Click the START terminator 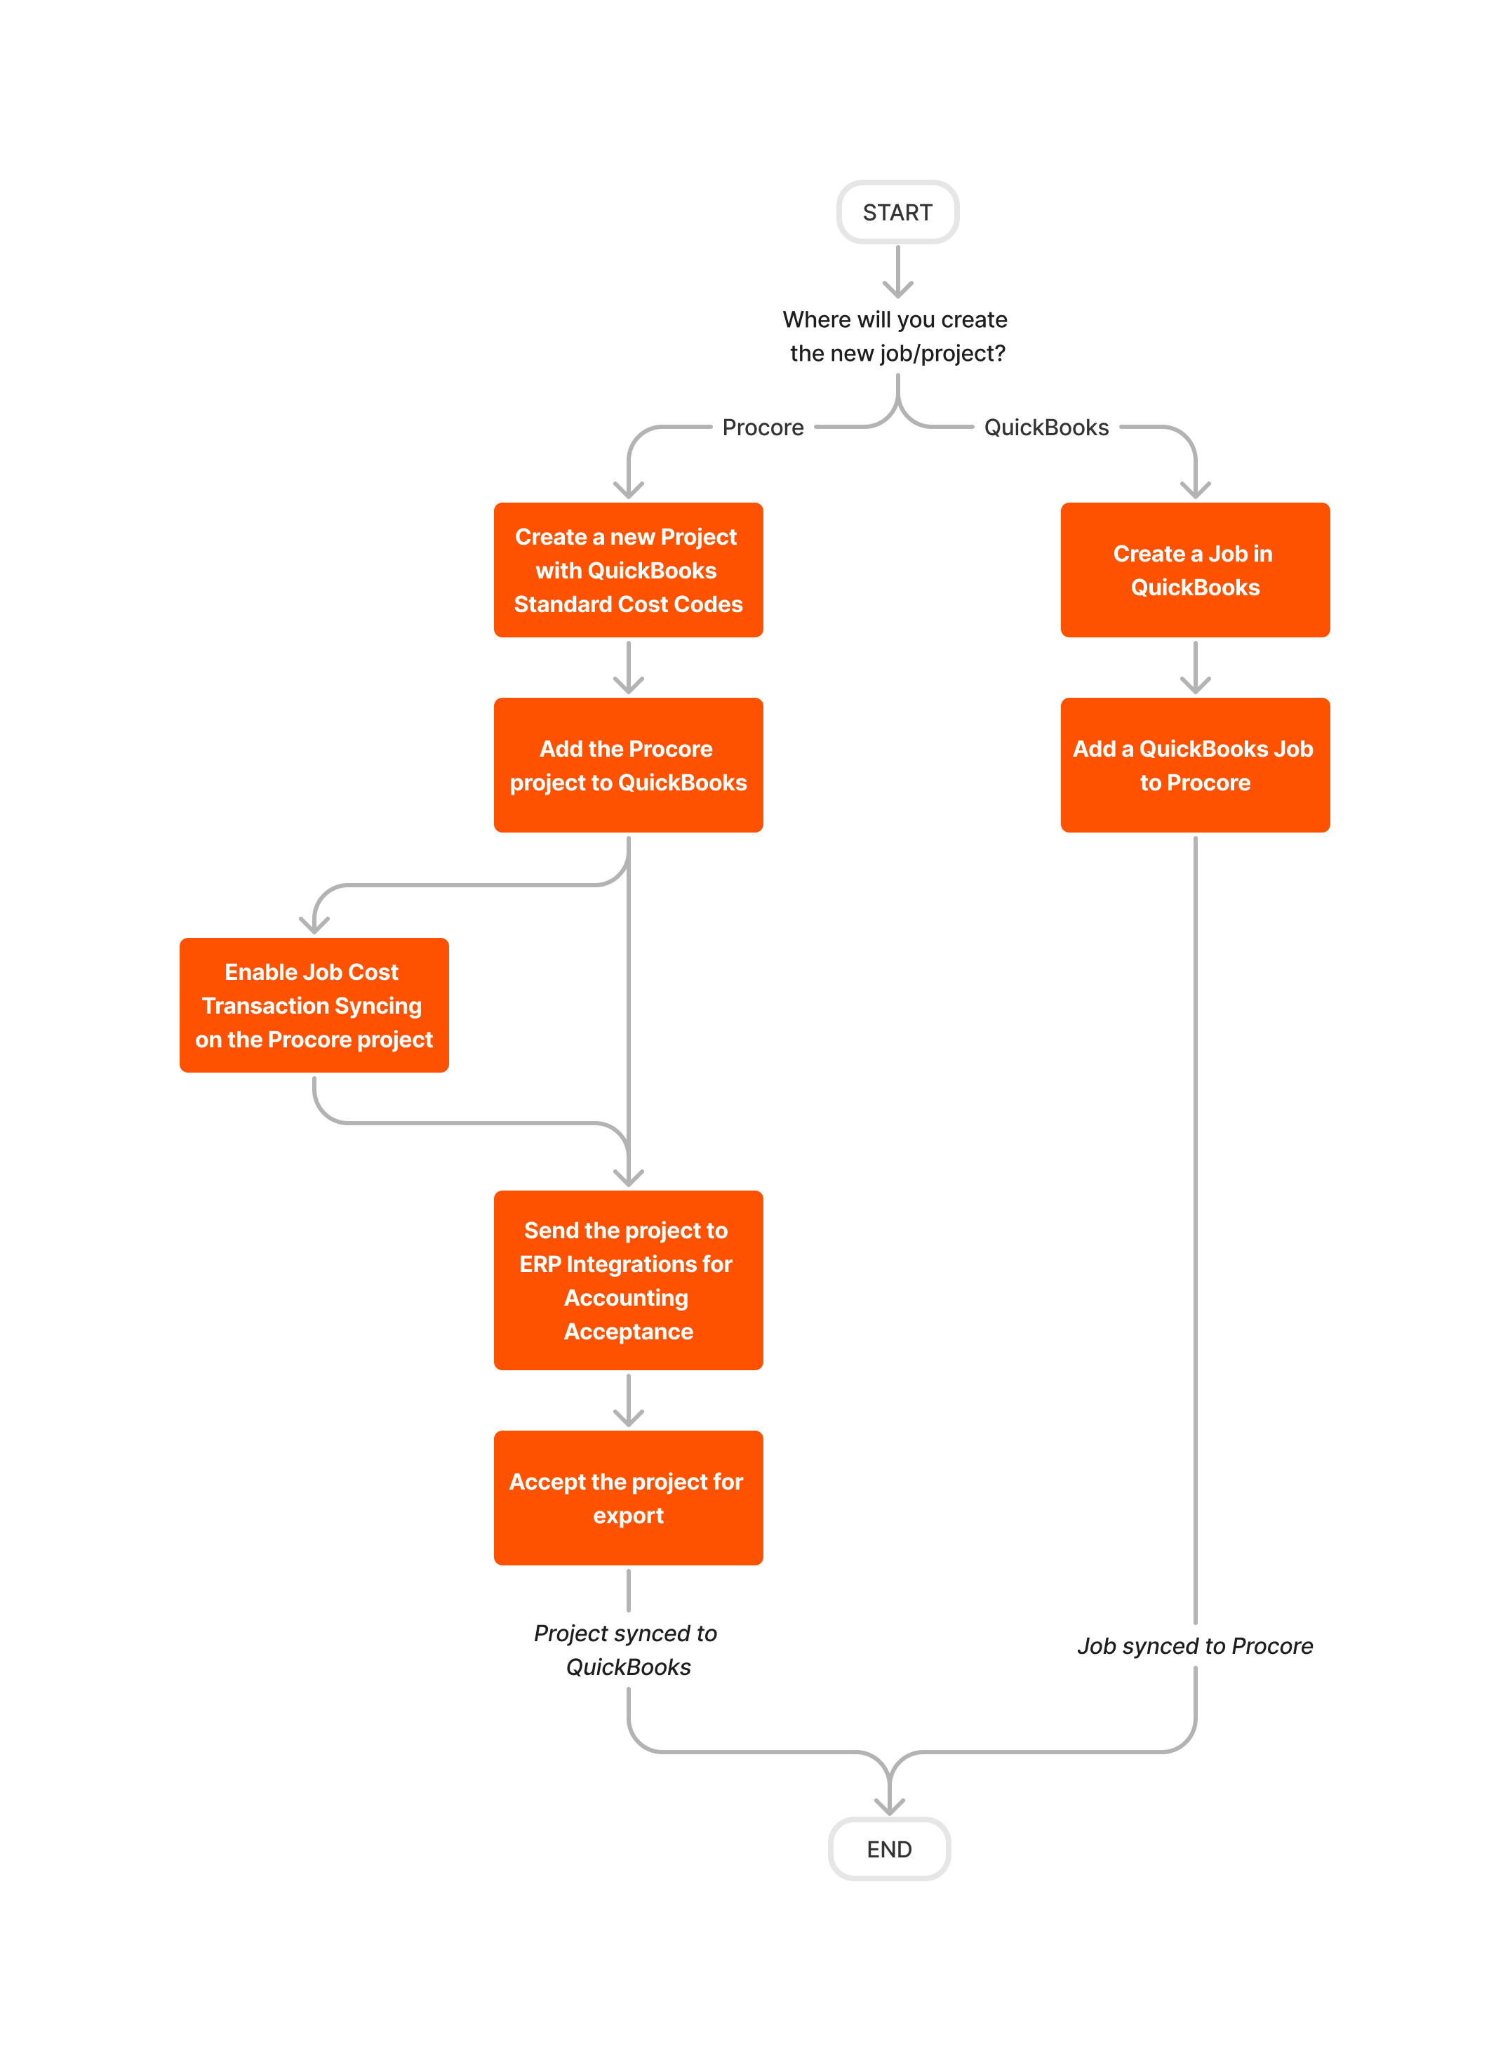(x=897, y=212)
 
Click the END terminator (x=888, y=1849)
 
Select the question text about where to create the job (x=896, y=336)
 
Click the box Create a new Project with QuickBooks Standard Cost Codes (x=628, y=570)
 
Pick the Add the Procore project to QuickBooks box (x=628, y=765)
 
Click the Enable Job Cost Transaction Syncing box (x=314, y=1005)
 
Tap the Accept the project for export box (x=628, y=1498)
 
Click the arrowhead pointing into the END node (x=889, y=1807)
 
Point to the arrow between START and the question (x=897, y=272)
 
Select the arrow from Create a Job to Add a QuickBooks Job (x=1195, y=668)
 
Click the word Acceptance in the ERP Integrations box (x=628, y=1332)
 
